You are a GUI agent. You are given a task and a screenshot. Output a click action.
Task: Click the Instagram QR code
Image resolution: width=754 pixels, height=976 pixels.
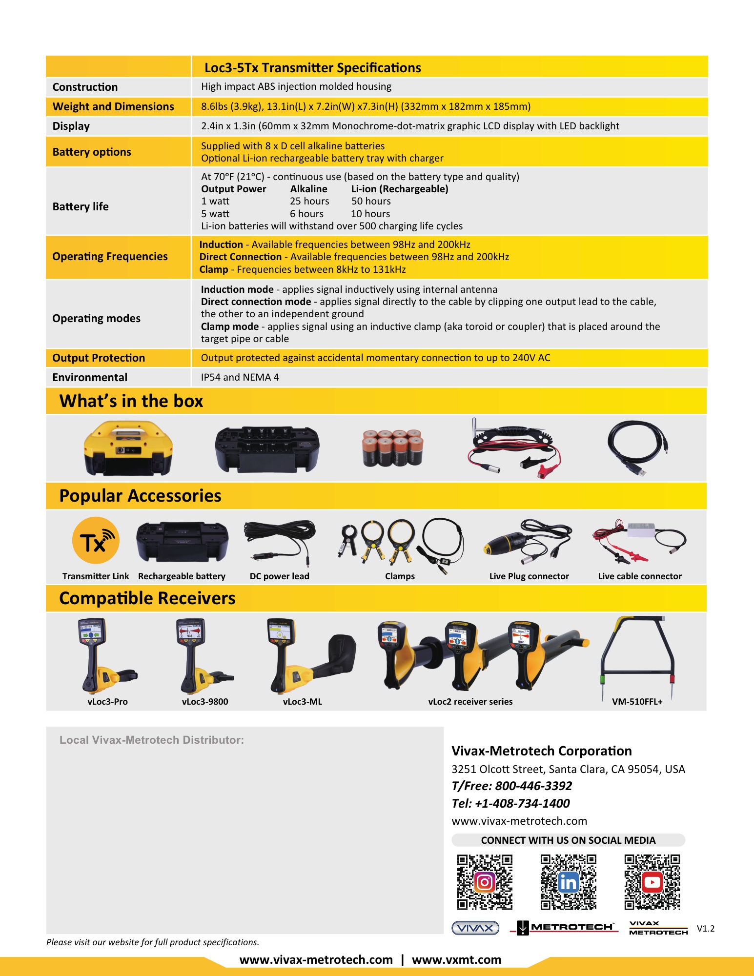click(485, 882)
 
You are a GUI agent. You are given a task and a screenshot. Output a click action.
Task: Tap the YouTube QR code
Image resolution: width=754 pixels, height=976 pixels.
click(652, 882)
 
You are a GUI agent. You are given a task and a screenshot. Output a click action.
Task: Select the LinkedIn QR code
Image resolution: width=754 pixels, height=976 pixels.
click(568, 882)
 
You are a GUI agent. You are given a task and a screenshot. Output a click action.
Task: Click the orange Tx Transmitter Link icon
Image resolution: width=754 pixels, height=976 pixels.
click(96, 541)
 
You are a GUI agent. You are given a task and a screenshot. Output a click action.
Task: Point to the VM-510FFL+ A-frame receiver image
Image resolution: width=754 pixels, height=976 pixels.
click(637, 656)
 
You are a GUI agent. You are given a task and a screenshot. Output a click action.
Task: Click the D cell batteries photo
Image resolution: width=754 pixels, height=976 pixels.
click(392, 448)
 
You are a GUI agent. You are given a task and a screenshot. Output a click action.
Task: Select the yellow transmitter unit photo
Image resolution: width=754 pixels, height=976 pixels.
click(128, 448)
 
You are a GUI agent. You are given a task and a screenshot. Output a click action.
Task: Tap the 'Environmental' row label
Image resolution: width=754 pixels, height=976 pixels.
click(90, 377)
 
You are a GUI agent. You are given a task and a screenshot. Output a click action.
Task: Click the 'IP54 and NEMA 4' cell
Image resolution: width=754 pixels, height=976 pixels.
click(240, 377)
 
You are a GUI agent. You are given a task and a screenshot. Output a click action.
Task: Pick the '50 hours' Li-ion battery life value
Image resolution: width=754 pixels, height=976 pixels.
click(371, 201)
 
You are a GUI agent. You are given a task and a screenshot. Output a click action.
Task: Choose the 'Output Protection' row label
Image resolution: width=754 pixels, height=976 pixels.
click(99, 358)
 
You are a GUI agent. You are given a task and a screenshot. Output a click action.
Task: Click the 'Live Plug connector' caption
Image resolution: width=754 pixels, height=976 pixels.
click(529, 576)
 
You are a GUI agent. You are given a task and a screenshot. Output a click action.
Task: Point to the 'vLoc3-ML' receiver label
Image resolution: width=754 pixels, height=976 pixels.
click(303, 702)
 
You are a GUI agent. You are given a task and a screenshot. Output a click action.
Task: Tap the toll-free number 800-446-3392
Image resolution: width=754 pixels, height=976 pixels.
click(533, 786)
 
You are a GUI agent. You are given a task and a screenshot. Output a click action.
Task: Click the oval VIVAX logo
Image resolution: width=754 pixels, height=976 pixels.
click(475, 928)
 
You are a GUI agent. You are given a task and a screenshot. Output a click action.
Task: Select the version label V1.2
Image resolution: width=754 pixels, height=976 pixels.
click(706, 929)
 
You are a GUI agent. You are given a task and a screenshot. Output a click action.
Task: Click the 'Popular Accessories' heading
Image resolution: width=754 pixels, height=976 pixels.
click(140, 496)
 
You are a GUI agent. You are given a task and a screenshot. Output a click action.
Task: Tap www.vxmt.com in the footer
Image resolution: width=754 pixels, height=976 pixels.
click(456, 960)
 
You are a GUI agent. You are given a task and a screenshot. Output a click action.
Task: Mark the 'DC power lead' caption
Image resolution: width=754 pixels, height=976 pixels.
click(280, 576)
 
